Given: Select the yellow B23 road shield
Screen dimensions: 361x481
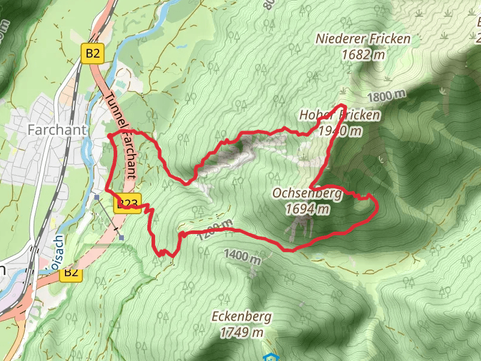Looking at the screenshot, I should [x=127, y=203].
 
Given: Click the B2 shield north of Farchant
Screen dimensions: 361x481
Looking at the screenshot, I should [x=93, y=54].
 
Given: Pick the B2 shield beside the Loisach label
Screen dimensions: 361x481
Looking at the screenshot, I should [x=71, y=273].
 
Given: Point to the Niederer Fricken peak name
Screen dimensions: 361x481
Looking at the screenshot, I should [x=363, y=39].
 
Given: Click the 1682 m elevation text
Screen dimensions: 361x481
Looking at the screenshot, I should [x=363, y=54].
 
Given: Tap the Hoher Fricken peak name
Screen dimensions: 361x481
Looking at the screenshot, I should [x=340, y=115].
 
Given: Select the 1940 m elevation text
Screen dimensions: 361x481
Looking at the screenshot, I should [x=340, y=130].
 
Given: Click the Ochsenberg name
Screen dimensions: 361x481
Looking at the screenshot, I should [x=307, y=194].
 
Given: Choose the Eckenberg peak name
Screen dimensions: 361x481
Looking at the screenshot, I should [x=241, y=316].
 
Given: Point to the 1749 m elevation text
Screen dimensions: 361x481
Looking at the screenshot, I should [x=241, y=332].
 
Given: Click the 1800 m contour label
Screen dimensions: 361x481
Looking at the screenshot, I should [x=385, y=96].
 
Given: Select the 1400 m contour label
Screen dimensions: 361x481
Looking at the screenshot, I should [x=242, y=256].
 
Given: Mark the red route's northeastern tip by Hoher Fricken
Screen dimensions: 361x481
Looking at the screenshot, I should [x=346, y=106].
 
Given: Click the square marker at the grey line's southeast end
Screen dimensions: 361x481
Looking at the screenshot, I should [x=121, y=238].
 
